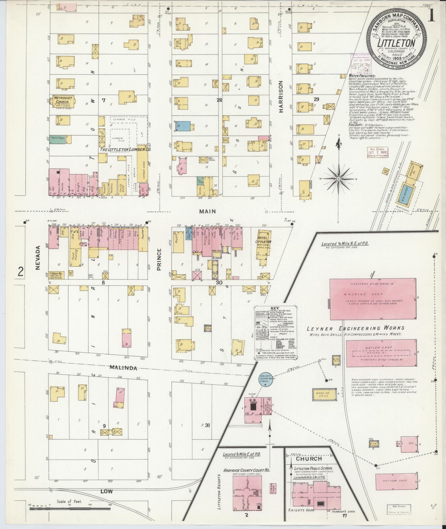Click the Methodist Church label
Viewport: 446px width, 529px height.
click(63, 100)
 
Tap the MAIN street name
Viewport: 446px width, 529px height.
click(207, 211)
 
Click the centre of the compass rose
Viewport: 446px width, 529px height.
click(339, 179)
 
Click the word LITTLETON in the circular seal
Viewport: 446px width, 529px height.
click(396, 43)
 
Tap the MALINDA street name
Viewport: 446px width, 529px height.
click(123, 368)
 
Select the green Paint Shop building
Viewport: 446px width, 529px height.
click(57, 140)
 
